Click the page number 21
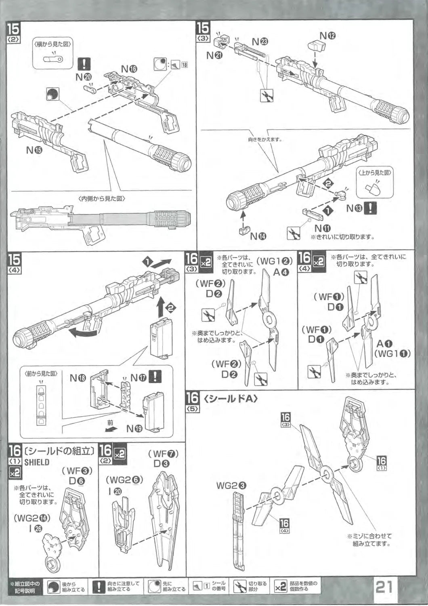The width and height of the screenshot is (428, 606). (384, 586)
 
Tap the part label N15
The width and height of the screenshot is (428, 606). (34, 150)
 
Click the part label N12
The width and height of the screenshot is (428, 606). (327, 36)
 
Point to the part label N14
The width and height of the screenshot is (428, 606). (258, 236)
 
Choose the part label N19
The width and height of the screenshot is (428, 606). (134, 429)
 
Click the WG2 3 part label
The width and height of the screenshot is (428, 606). (231, 486)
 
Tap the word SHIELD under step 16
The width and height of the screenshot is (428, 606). (37, 462)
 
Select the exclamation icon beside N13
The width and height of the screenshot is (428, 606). (370, 208)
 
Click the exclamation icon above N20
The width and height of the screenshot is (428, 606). (84, 64)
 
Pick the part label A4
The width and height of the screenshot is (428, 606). (281, 272)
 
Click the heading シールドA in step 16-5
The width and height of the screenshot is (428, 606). (231, 399)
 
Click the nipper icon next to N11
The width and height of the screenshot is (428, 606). (294, 233)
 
